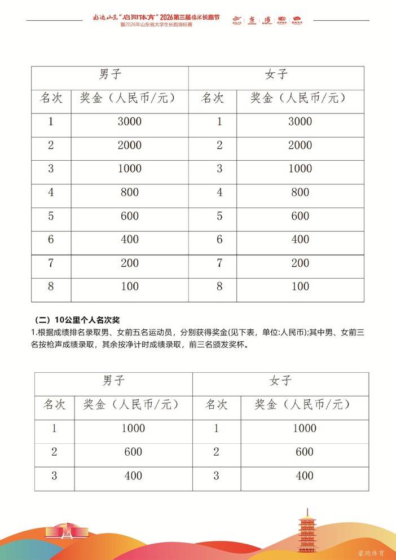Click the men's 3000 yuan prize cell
[130, 121]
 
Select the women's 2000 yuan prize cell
[300, 145]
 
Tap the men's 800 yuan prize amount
[130, 192]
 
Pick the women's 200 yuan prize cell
[300, 263]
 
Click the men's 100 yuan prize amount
[130, 286]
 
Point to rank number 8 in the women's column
[219, 286]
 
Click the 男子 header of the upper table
[110, 74]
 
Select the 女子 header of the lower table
[280, 381]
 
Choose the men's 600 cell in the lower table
[133, 452]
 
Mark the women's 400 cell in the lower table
[304, 475]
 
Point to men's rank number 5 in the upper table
[51, 216]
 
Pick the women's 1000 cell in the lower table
[304, 428]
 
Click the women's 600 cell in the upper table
[300, 216]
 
